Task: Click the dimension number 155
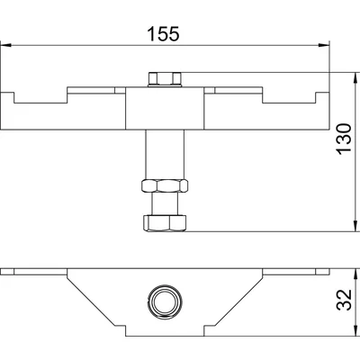tap(164, 33)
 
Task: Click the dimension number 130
tap(344, 139)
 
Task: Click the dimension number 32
tap(344, 300)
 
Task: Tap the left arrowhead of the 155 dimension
tap(5, 45)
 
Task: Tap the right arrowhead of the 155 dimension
tap(324, 45)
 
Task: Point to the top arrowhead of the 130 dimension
tap(355, 77)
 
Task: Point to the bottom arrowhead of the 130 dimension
tap(355, 226)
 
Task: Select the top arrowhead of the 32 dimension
tap(355, 274)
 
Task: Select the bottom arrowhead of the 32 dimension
tap(355, 330)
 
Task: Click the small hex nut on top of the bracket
tap(165, 79)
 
